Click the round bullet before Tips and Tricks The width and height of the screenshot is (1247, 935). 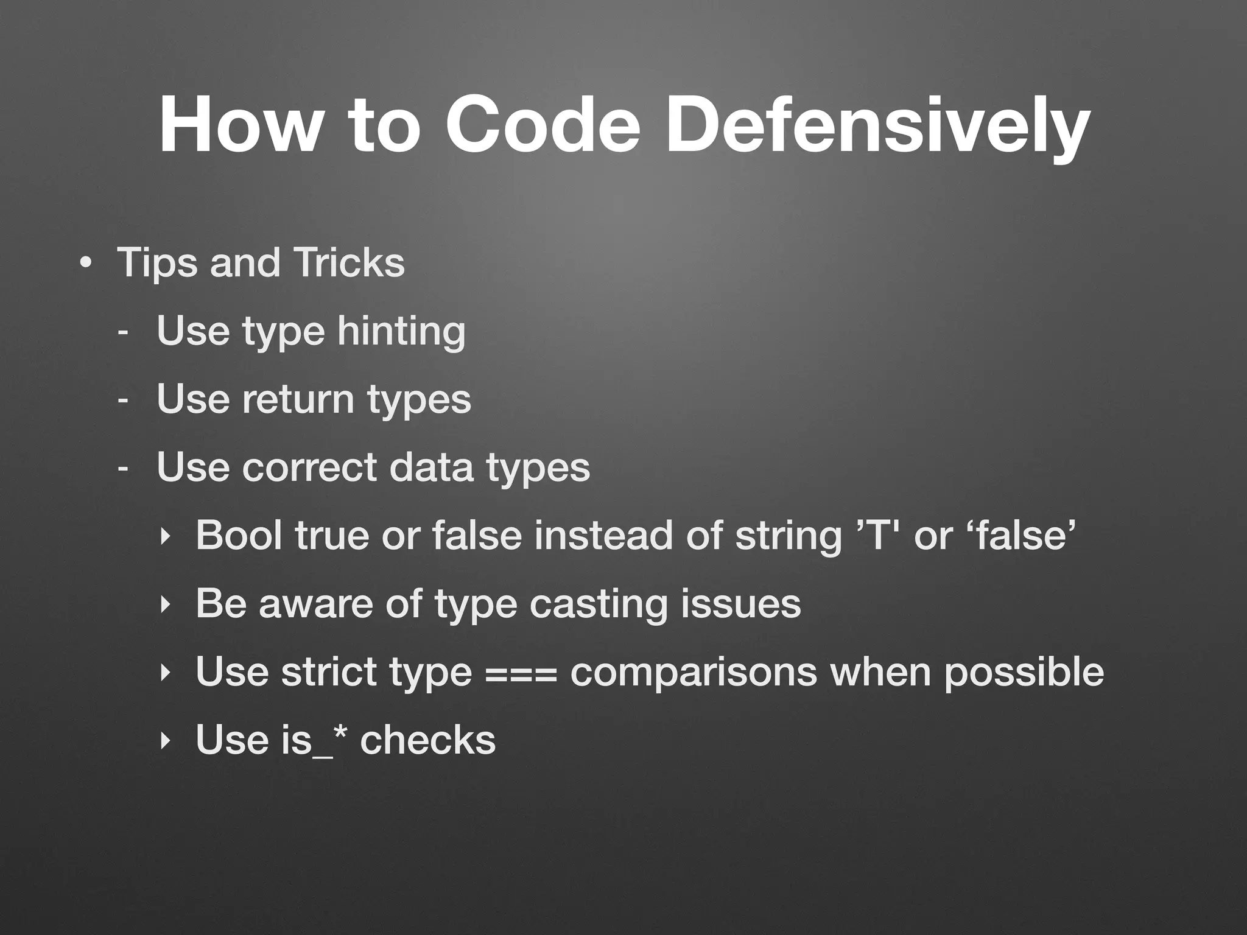click(x=85, y=264)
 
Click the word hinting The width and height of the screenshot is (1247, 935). click(x=401, y=332)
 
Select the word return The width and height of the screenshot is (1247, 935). click(x=298, y=399)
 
